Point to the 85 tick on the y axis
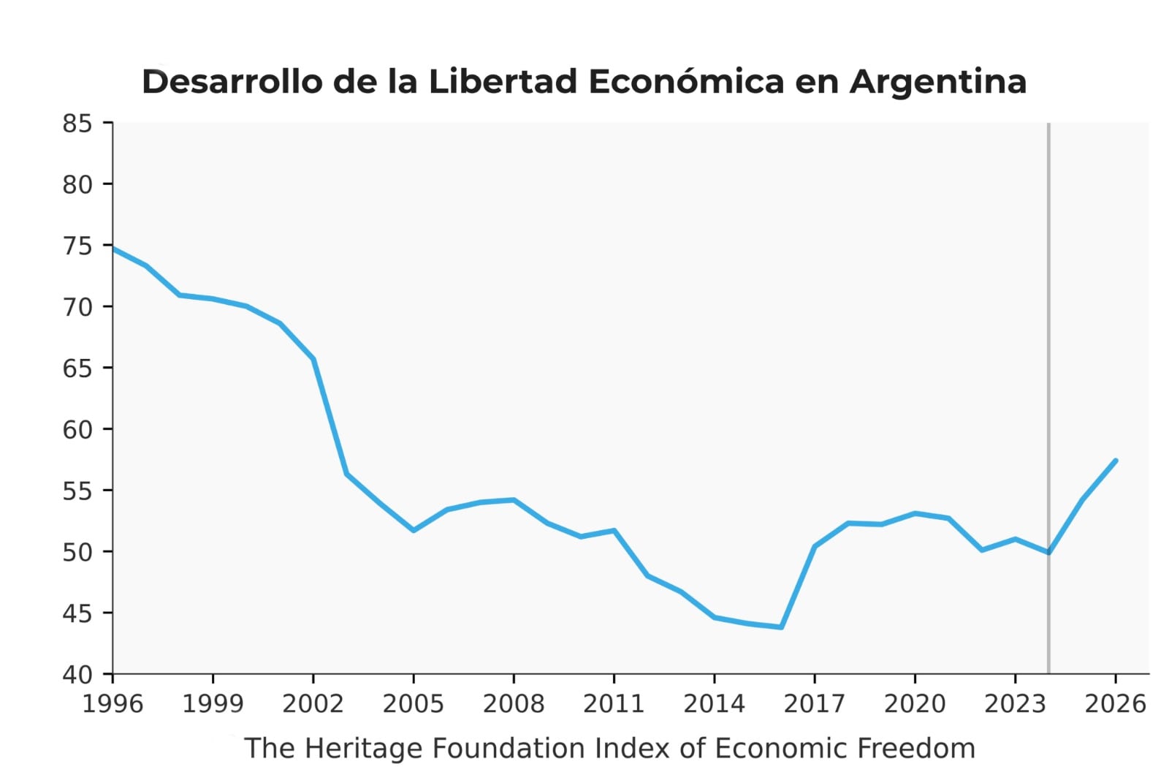click(77, 124)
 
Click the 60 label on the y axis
click(77, 429)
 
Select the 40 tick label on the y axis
click(77, 674)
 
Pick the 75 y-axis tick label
click(77, 246)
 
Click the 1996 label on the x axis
click(113, 703)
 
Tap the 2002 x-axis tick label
click(313, 703)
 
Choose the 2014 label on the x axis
click(714, 703)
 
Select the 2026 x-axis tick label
click(1115, 703)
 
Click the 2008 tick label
click(514, 703)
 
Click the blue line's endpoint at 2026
click(1116, 461)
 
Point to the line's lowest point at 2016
click(781, 627)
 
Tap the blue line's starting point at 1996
click(113, 249)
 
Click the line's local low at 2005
click(414, 530)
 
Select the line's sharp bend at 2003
click(346, 474)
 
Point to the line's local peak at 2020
click(915, 513)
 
